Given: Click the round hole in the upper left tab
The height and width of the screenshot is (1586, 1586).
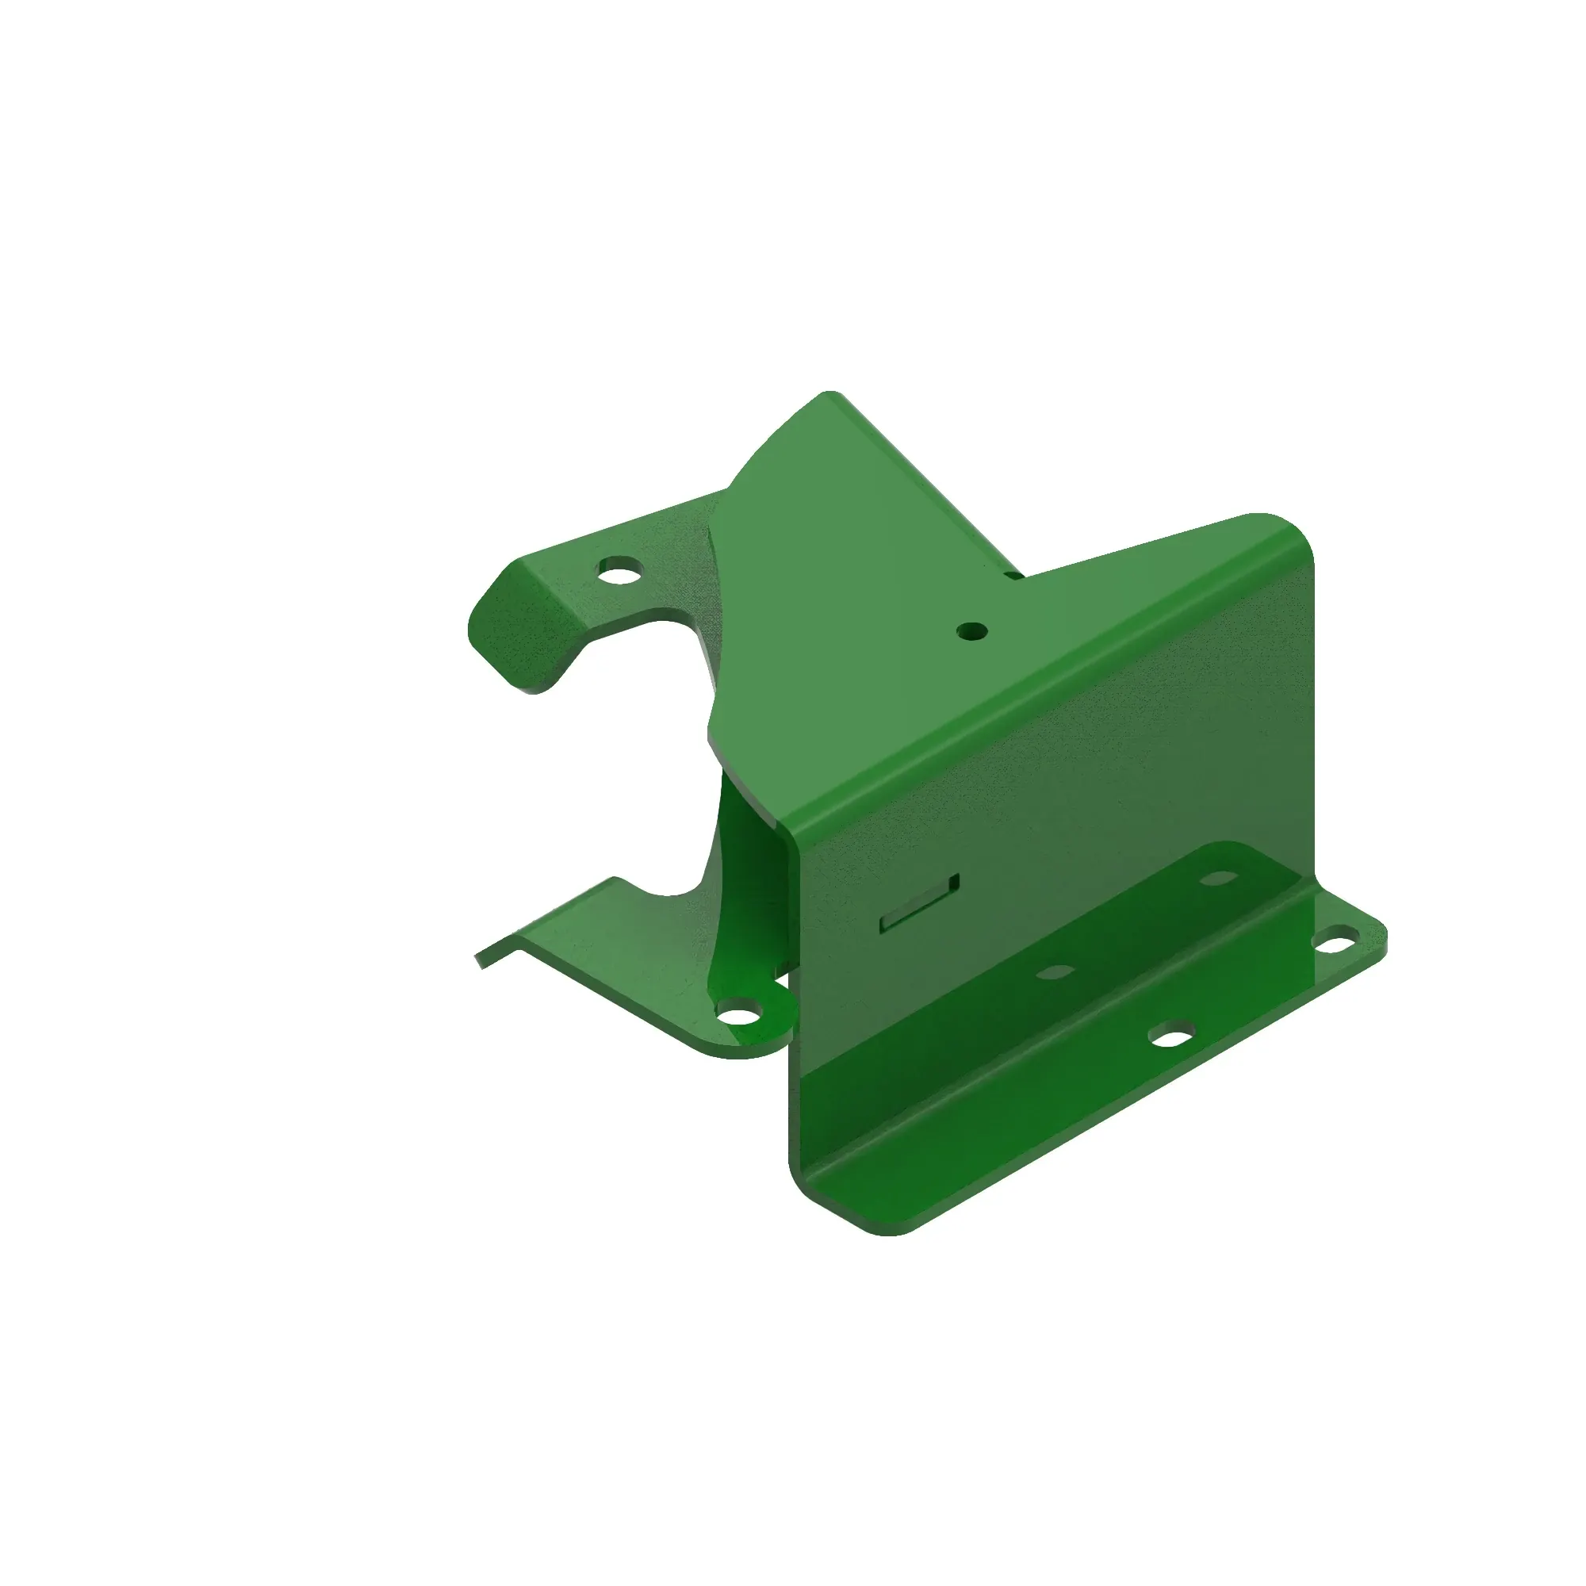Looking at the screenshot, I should [x=620, y=569].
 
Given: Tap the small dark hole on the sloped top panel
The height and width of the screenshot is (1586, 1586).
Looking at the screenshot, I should [x=971, y=630].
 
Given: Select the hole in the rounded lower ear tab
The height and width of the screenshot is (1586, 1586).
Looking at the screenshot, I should [x=741, y=1017].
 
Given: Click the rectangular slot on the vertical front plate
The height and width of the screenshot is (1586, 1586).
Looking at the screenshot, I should [x=919, y=903].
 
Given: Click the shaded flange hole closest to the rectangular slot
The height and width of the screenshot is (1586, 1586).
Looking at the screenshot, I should [x=1055, y=973].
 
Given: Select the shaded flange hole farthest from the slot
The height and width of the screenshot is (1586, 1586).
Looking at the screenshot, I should [x=1219, y=879].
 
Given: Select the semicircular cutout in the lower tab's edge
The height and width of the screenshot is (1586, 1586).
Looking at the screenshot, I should [x=667, y=891].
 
